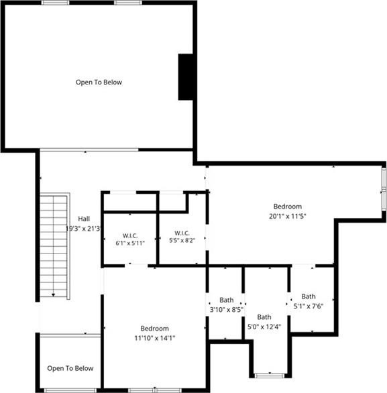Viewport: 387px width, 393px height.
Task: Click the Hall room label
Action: [84, 219]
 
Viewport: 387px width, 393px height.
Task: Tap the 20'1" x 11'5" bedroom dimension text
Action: [288, 216]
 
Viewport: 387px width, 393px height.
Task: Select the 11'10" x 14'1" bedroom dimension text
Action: [155, 338]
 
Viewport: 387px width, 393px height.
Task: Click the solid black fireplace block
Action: [186, 77]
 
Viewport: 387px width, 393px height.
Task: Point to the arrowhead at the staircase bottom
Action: [53, 295]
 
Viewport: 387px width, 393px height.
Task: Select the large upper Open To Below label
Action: [99, 82]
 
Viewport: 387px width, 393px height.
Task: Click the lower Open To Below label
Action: [70, 368]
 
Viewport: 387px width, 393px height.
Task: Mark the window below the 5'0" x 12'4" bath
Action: [270, 376]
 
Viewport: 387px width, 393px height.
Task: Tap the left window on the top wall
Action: [55, 3]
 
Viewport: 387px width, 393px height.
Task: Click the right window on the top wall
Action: [128, 3]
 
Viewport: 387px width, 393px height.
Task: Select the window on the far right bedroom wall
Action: [384, 189]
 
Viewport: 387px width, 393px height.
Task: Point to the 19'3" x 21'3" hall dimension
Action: [83, 229]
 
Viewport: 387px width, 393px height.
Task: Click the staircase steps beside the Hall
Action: [54, 246]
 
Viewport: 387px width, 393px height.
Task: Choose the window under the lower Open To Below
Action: [70, 390]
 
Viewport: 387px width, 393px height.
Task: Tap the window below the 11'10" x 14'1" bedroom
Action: [155, 390]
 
